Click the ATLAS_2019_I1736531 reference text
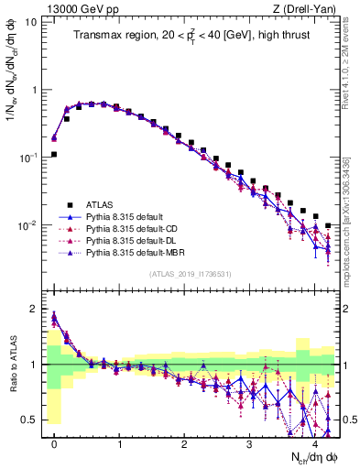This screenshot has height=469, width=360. [190, 274]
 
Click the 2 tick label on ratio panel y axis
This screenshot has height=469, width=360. [34, 309]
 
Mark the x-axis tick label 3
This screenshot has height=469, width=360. [249, 443]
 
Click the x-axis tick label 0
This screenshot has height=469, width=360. [54, 443]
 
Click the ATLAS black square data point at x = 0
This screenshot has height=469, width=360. [54, 154]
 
